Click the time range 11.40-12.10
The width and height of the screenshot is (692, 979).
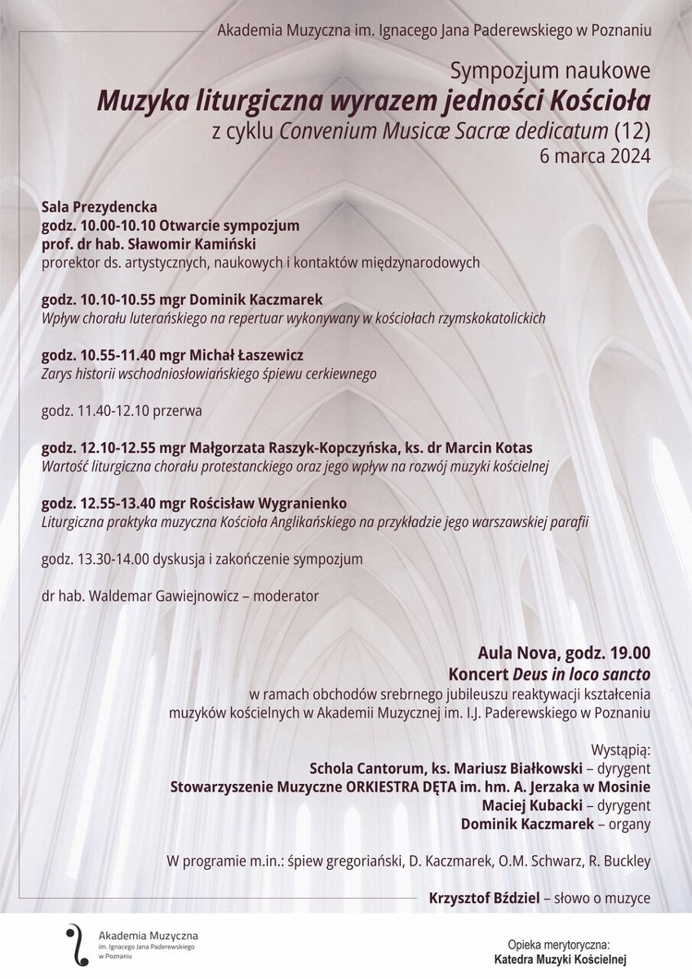(112, 411)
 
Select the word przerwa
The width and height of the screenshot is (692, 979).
(178, 411)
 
